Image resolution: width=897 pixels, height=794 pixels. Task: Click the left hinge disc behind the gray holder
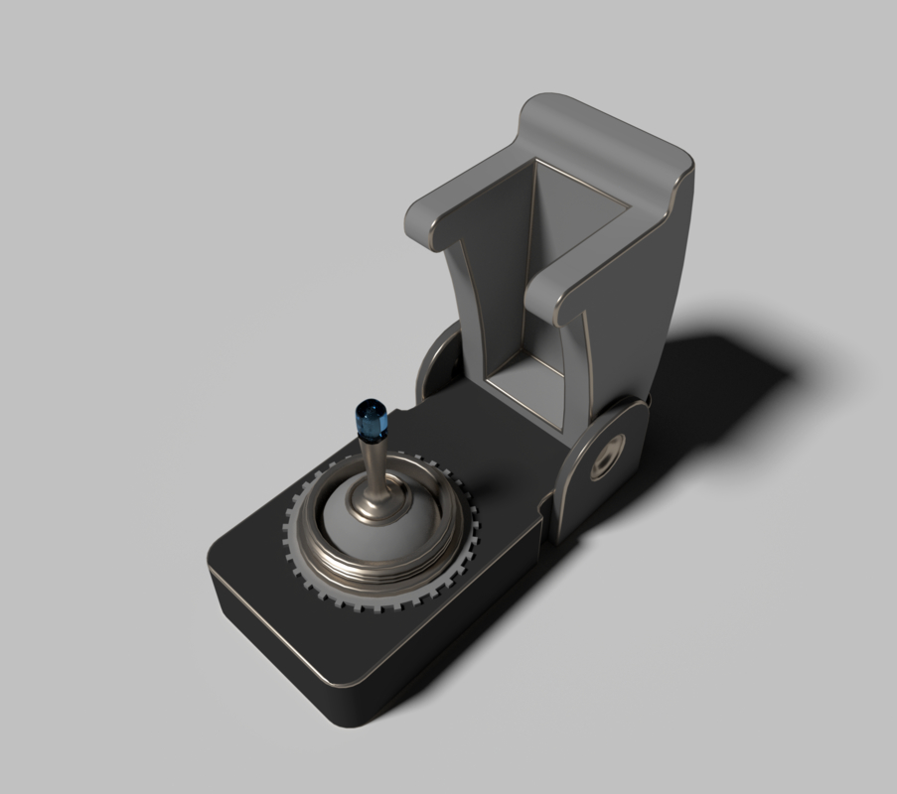point(437,362)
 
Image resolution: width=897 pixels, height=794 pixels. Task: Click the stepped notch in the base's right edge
point(546,516)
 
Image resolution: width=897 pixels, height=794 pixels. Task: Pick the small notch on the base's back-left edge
point(408,407)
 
